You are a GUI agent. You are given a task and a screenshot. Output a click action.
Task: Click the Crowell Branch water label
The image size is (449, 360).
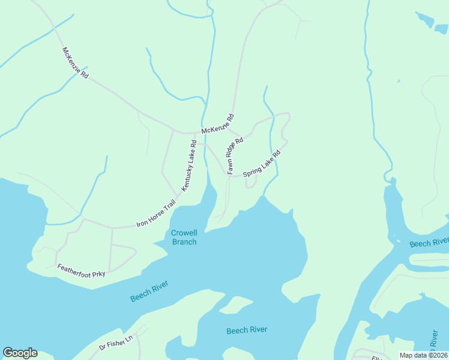(184, 237)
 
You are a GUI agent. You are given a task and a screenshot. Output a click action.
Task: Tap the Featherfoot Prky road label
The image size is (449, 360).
(81, 270)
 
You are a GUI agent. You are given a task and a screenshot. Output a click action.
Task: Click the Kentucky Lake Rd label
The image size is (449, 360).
(189, 166)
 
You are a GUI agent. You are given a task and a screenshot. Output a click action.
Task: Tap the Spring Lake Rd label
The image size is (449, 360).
(262, 164)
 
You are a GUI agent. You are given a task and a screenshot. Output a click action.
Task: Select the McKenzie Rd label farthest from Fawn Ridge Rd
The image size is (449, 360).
(75, 63)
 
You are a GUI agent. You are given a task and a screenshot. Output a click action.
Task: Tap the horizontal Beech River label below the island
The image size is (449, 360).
(247, 330)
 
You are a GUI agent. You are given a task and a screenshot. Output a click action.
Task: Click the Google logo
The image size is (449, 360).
(20, 353)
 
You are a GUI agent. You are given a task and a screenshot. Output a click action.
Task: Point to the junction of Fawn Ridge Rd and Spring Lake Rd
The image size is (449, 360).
(229, 175)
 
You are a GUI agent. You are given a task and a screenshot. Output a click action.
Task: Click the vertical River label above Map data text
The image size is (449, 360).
(433, 340)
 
